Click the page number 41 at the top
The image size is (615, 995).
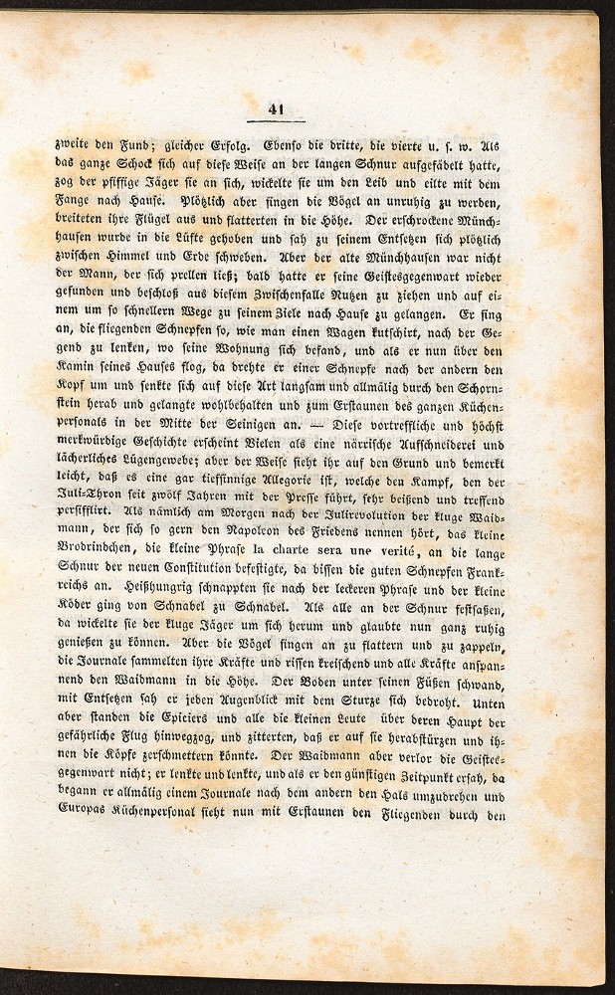point(277,110)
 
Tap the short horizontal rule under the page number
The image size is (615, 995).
point(277,122)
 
